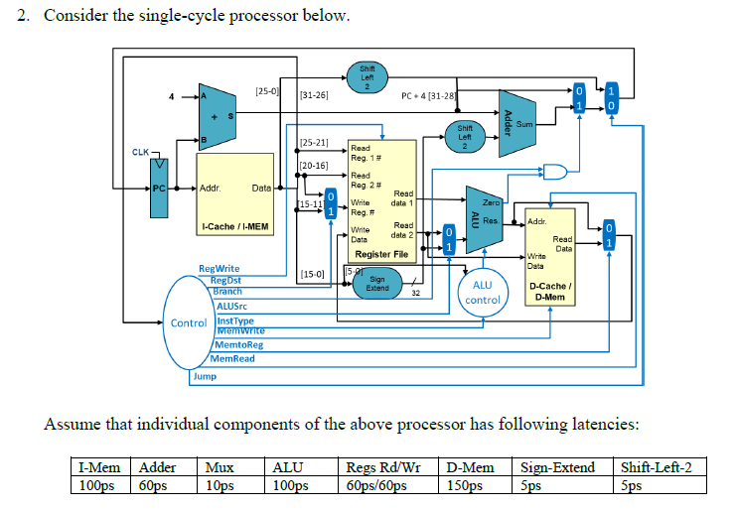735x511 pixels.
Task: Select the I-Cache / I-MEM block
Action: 234,196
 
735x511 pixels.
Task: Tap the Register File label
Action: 380,254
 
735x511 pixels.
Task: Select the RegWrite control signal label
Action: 220,269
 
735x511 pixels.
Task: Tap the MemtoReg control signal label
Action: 239,344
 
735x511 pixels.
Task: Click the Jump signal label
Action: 204,376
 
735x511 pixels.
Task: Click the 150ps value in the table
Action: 465,485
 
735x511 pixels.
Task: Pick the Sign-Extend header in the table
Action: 558,467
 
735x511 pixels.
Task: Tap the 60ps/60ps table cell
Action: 375,485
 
